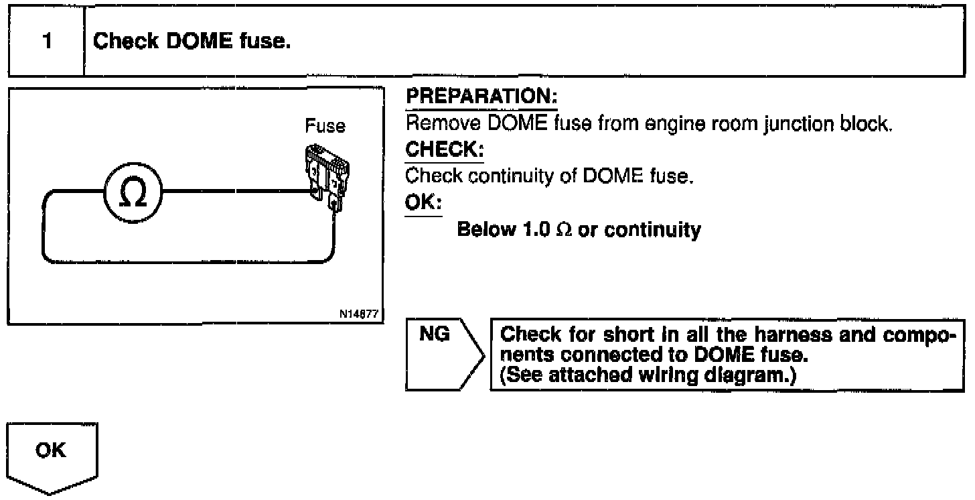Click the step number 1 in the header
(46, 42)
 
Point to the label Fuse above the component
(325, 126)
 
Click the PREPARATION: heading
(481, 98)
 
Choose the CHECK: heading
(445, 151)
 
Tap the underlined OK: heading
(423, 203)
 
